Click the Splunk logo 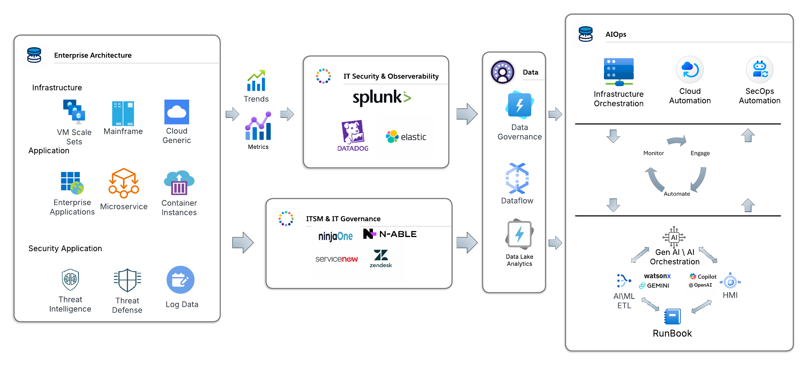(x=381, y=98)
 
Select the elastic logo (x=406, y=137)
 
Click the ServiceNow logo (x=336, y=259)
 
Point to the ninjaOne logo (x=335, y=236)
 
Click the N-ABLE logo (x=390, y=234)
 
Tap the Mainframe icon (x=123, y=113)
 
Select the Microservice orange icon (x=124, y=183)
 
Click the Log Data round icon (x=180, y=280)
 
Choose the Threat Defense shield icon (x=127, y=280)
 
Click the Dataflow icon (x=517, y=178)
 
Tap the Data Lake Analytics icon (x=519, y=234)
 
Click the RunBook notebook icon (x=672, y=317)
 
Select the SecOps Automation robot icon (x=759, y=69)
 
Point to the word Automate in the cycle (x=677, y=194)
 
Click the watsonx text (x=657, y=276)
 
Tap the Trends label (x=256, y=99)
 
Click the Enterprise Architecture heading (x=93, y=55)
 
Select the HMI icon (x=730, y=281)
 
